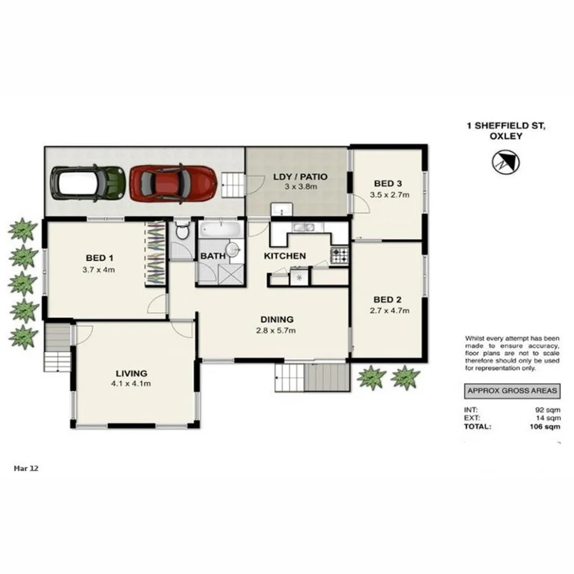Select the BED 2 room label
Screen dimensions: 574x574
coord(387,300)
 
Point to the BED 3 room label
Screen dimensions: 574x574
coord(388,183)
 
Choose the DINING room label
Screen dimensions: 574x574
coord(277,320)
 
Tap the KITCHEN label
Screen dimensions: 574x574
coord(285,256)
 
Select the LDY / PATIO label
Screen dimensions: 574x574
coord(300,177)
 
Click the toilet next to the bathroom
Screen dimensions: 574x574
coord(182,232)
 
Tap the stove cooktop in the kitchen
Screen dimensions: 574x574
coord(339,255)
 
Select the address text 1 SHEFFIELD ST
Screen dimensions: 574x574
coord(506,126)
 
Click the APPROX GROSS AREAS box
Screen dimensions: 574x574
coord(512,390)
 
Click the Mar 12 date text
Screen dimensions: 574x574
coord(26,468)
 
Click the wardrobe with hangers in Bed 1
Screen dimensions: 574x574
coord(155,253)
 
